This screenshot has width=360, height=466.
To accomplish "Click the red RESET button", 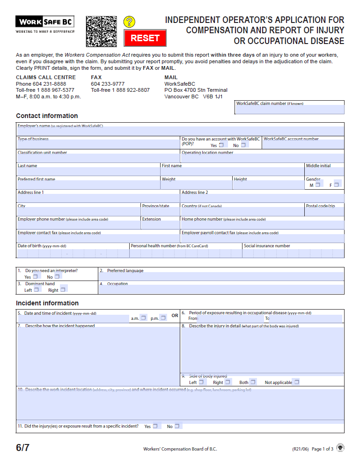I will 145,38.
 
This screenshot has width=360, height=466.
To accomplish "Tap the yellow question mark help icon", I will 129,22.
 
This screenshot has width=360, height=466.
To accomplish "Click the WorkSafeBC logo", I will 45,22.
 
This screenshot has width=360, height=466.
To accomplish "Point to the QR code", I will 101,31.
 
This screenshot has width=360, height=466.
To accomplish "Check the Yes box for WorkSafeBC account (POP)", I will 221,145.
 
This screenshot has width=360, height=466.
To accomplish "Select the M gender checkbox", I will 317,185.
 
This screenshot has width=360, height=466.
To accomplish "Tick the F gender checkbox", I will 336,185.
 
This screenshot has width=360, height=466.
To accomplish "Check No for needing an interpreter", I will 57,276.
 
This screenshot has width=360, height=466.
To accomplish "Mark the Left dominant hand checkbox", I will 37,289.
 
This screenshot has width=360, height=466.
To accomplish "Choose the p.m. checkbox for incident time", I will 163,318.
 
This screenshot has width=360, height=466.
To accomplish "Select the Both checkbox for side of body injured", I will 253,382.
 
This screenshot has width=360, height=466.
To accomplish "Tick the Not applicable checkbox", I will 296,382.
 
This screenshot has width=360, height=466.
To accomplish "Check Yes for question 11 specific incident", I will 155,426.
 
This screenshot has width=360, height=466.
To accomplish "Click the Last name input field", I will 88,172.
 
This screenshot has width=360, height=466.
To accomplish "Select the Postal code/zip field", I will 324,212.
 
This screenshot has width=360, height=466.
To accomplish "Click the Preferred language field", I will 221,276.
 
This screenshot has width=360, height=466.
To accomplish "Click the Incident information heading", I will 47,303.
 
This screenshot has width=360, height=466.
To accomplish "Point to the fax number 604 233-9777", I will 108,84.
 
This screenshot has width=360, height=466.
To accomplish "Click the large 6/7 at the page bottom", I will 23,448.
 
